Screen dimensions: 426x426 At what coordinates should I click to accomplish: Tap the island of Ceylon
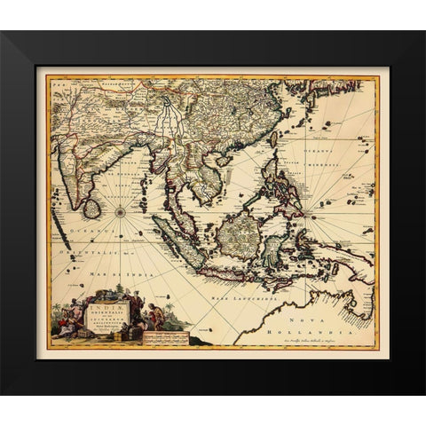click(91, 209)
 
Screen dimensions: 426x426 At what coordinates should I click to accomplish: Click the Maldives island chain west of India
click(65, 233)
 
